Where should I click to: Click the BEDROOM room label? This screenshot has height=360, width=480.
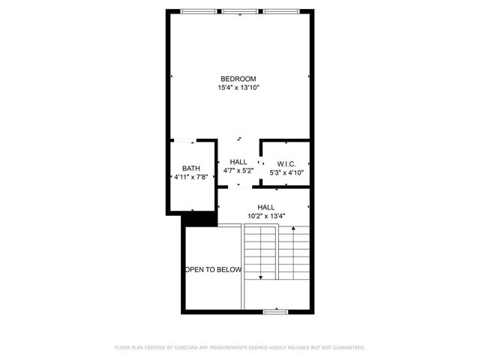pos(238,79)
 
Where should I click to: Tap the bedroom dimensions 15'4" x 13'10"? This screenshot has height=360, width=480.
pos(238,88)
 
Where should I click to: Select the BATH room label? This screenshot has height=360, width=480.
pos(190,169)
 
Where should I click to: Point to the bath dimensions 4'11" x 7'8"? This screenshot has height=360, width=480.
pos(190,178)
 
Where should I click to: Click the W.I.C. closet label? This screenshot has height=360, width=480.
pos(286,163)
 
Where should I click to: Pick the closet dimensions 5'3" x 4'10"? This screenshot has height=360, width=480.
pos(286,172)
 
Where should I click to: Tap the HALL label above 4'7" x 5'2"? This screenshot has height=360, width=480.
pos(238,162)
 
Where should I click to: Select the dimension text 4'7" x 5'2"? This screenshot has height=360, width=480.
pos(238,171)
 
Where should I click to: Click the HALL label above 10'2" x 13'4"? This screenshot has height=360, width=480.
pos(265,208)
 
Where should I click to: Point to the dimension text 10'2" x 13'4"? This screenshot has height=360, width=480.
pos(265,217)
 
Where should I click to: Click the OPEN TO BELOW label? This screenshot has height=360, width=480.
pos(213,269)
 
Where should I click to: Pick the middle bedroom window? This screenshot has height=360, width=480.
pos(239,11)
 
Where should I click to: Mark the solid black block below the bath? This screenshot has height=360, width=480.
pos(199,219)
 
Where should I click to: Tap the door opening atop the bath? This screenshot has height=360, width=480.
pos(184,140)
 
